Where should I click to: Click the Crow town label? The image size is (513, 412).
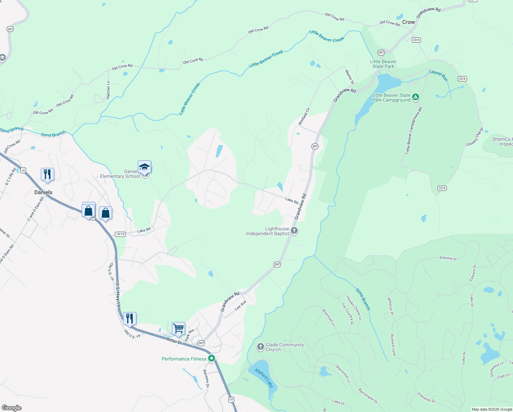[408, 22]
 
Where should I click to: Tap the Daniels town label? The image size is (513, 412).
[43, 192]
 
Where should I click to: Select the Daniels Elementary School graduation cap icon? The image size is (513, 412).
[144, 167]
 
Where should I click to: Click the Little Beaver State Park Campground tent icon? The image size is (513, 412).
[416, 97]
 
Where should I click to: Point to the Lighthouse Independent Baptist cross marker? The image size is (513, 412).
[294, 230]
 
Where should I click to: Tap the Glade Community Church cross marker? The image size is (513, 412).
[261, 346]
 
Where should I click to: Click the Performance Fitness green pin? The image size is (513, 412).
[212, 358]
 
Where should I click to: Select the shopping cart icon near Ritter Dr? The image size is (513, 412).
[178, 329]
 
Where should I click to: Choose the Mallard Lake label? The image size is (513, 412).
[264, 378]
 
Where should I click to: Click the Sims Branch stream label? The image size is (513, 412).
[363, 299]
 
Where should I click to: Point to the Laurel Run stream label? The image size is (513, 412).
[439, 75]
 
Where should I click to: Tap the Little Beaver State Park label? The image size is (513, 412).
[383, 64]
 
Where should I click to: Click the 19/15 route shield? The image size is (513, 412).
[120, 234]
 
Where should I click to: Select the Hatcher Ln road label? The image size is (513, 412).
[108, 90]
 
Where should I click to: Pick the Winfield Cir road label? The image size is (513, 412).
[304, 116]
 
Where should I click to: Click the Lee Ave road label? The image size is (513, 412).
[241, 306]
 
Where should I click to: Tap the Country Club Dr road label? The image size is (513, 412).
[475, 137]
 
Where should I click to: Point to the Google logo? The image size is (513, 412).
[11, 408]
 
